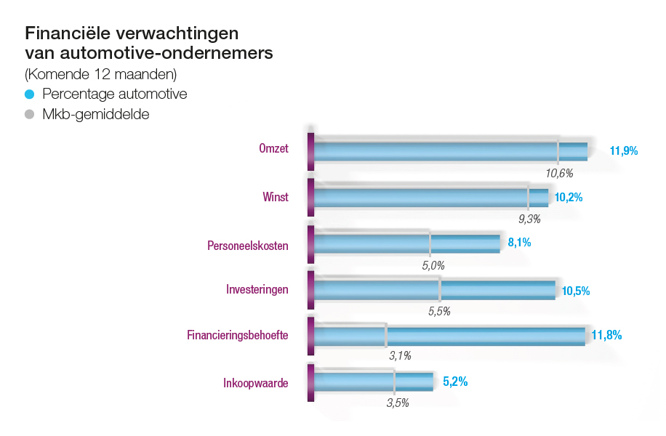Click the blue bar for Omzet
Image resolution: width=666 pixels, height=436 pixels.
pos(451,151)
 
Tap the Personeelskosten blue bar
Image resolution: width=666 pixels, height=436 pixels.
pos(406,243)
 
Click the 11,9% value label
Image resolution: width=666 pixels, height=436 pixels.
pos(624,151)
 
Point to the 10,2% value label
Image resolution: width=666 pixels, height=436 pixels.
pos(569,197)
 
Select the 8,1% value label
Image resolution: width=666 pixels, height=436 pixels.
pos(519,243)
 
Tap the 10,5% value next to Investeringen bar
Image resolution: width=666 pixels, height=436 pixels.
pos(575,291)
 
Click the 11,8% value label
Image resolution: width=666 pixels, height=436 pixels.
pos(606,335)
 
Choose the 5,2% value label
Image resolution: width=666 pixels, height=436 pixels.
pos(455,381)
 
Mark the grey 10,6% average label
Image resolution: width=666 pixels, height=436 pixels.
pos(560,173)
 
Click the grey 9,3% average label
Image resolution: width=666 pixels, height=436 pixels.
pos(529,219)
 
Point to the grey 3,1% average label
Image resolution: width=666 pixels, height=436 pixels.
pos(400,355)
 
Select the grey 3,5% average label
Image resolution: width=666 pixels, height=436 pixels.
pos(398,402)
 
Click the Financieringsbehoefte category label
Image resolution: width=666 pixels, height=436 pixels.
pos(238,336)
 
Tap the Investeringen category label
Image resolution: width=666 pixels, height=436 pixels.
pos(257,290)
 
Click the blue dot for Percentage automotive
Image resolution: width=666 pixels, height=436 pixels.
pos(30,94)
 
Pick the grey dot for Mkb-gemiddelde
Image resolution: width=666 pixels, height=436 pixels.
pos(30,114)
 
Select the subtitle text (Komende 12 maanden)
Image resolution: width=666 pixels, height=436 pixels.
pos(100,74)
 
